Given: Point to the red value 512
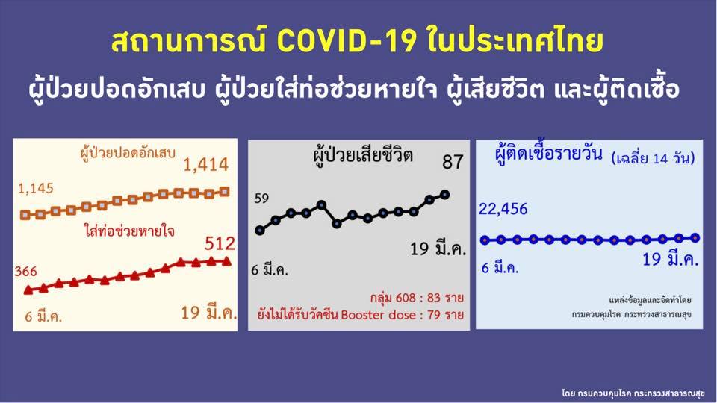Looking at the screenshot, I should point(220,243).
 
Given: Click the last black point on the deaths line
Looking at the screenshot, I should point(445,194).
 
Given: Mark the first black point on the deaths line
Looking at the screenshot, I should point(260,230).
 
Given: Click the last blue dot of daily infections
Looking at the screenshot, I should point(695,237).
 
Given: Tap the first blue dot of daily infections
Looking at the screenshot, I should point(485,240).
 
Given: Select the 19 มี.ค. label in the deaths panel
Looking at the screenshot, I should point(438,249).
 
